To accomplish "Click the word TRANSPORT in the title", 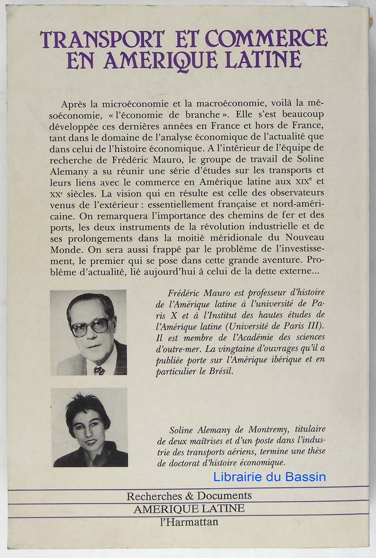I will (102, 39).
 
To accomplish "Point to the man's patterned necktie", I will (99, 370).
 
